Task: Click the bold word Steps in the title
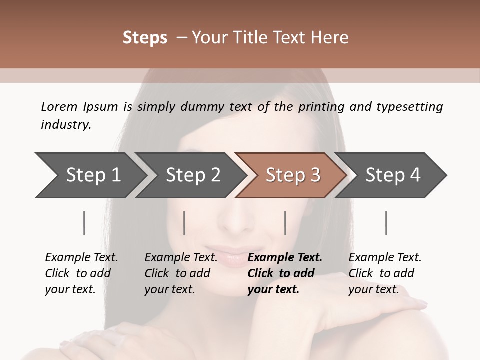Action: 145,38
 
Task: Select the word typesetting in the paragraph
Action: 409,106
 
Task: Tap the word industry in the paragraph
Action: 66,124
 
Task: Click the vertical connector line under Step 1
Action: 84,223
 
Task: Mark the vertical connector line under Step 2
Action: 184,223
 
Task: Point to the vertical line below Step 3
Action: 285,223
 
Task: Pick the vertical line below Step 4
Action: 386,223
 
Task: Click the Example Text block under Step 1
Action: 81,273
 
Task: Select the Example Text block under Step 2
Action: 181,273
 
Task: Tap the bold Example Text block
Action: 285,273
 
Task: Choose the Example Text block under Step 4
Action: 385,273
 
